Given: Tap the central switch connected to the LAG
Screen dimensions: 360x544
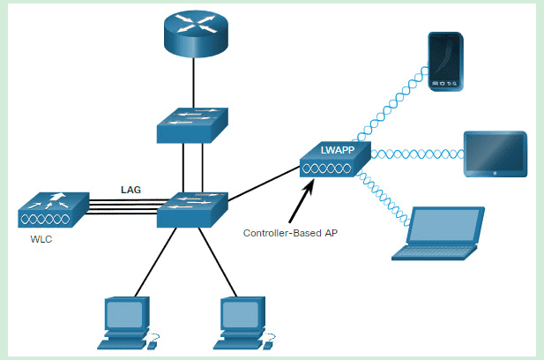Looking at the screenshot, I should [x=192, y=208].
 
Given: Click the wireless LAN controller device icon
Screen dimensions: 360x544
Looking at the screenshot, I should [x=50, y=211].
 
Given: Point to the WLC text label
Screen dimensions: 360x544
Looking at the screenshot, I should [x=37, y=241].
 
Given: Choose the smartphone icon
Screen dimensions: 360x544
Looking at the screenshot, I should [x=444, y=62].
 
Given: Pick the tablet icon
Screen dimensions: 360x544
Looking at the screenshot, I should [x=495, y=153].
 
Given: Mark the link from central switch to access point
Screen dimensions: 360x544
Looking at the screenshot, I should [x=261, y=186].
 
